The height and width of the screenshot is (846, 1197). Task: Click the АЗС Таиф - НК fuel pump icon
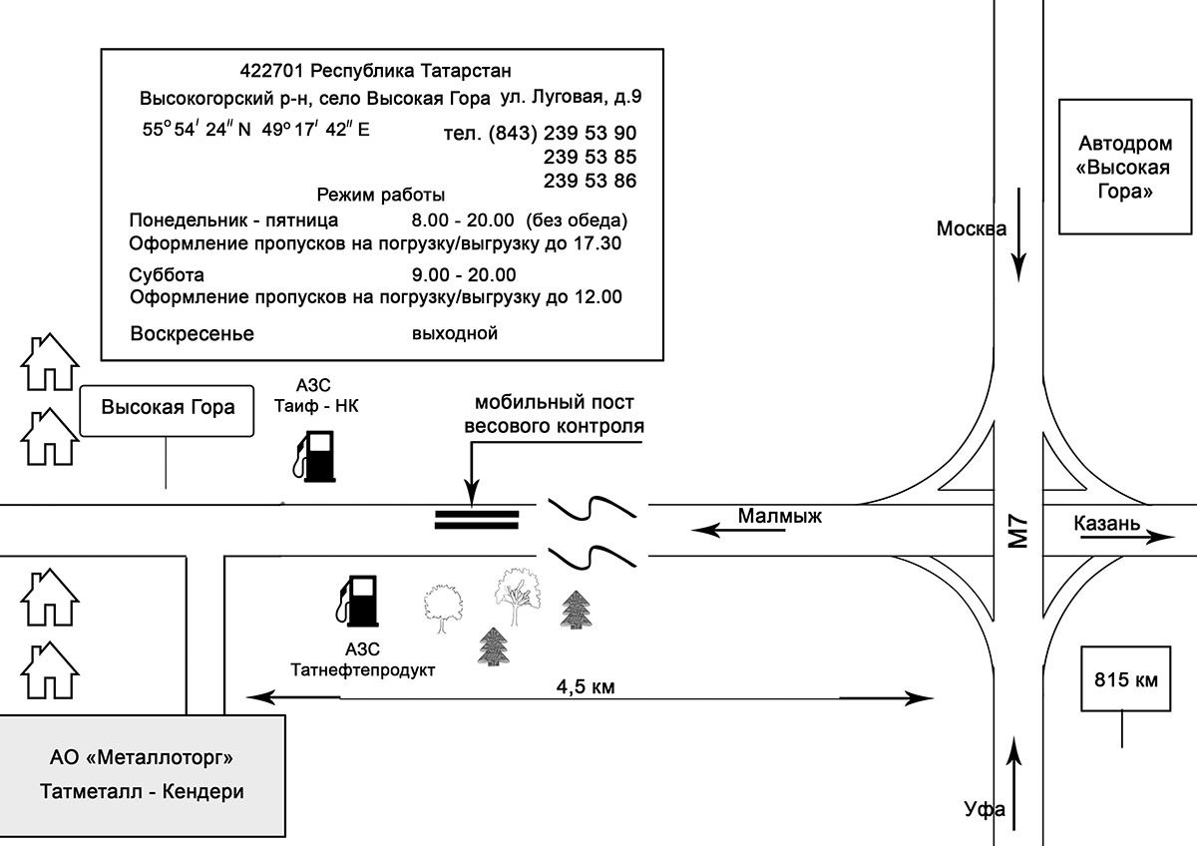coord(314,456)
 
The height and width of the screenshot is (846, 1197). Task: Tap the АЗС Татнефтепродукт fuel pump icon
coord(357,601)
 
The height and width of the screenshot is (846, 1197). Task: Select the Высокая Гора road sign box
coord(167,410)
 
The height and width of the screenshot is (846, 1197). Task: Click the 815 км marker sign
coord(1126,679)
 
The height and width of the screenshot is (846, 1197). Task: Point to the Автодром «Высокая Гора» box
coord(1125,167)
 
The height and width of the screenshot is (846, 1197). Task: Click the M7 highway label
coord(1017,531)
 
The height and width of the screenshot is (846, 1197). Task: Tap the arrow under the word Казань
coord(1127,537)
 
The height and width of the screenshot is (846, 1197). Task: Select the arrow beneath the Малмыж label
coord(738,530)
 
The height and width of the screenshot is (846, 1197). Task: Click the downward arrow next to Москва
coord(1019,234)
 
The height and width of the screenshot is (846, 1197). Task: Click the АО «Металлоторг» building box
coord(142,775)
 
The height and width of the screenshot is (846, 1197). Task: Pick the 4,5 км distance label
coord(586,686)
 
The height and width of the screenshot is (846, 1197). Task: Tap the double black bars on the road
coord(477,520)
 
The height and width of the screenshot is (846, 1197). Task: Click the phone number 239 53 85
coord(590,157)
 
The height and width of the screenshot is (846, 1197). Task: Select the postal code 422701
coord(271,71)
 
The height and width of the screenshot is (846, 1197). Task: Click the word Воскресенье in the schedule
coord(192,333)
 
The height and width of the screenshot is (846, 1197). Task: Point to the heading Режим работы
coord(380,196)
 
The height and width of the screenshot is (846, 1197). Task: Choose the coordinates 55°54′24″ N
coord(197,130)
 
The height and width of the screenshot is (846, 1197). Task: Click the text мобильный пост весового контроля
coord(555,414)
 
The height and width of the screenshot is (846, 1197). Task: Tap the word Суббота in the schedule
coord(167,274)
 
